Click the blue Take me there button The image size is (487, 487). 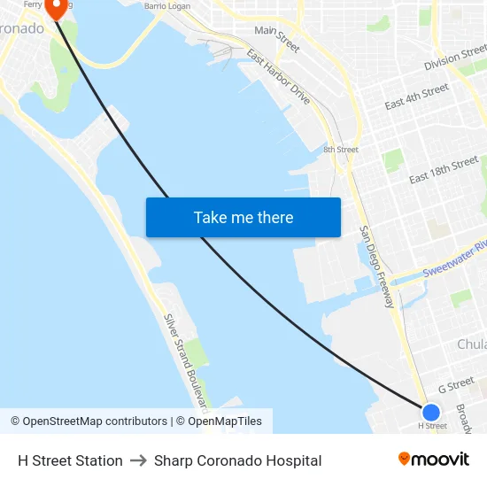[243, 217]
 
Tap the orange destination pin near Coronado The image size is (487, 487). [56, 8]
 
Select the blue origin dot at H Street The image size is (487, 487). [431, 412]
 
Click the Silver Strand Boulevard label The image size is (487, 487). [187, 361]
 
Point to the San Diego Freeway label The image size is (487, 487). [376, 267]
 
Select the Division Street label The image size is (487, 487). [455, 60]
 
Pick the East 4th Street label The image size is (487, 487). [416, 97]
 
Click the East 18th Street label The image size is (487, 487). [444, 171]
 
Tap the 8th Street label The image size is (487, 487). [341, 150]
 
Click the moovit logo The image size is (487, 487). [434, 460]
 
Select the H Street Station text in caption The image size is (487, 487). [70, 460]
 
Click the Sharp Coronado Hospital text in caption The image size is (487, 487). [237, 460]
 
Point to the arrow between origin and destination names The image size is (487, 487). [138, 460]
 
